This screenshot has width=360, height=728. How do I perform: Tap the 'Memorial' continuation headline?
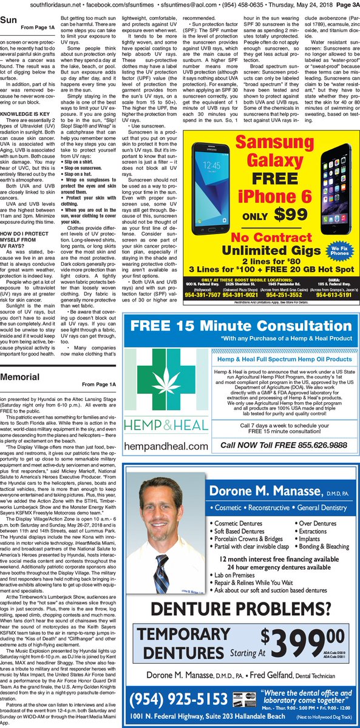point(21,377)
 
